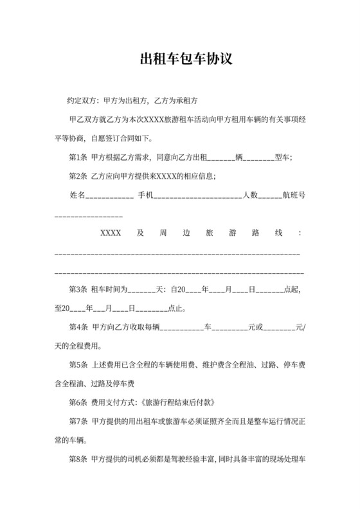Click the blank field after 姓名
[x=109, y=196]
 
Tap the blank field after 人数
[x=270, y=196]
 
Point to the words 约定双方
[x=82, y=101]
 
